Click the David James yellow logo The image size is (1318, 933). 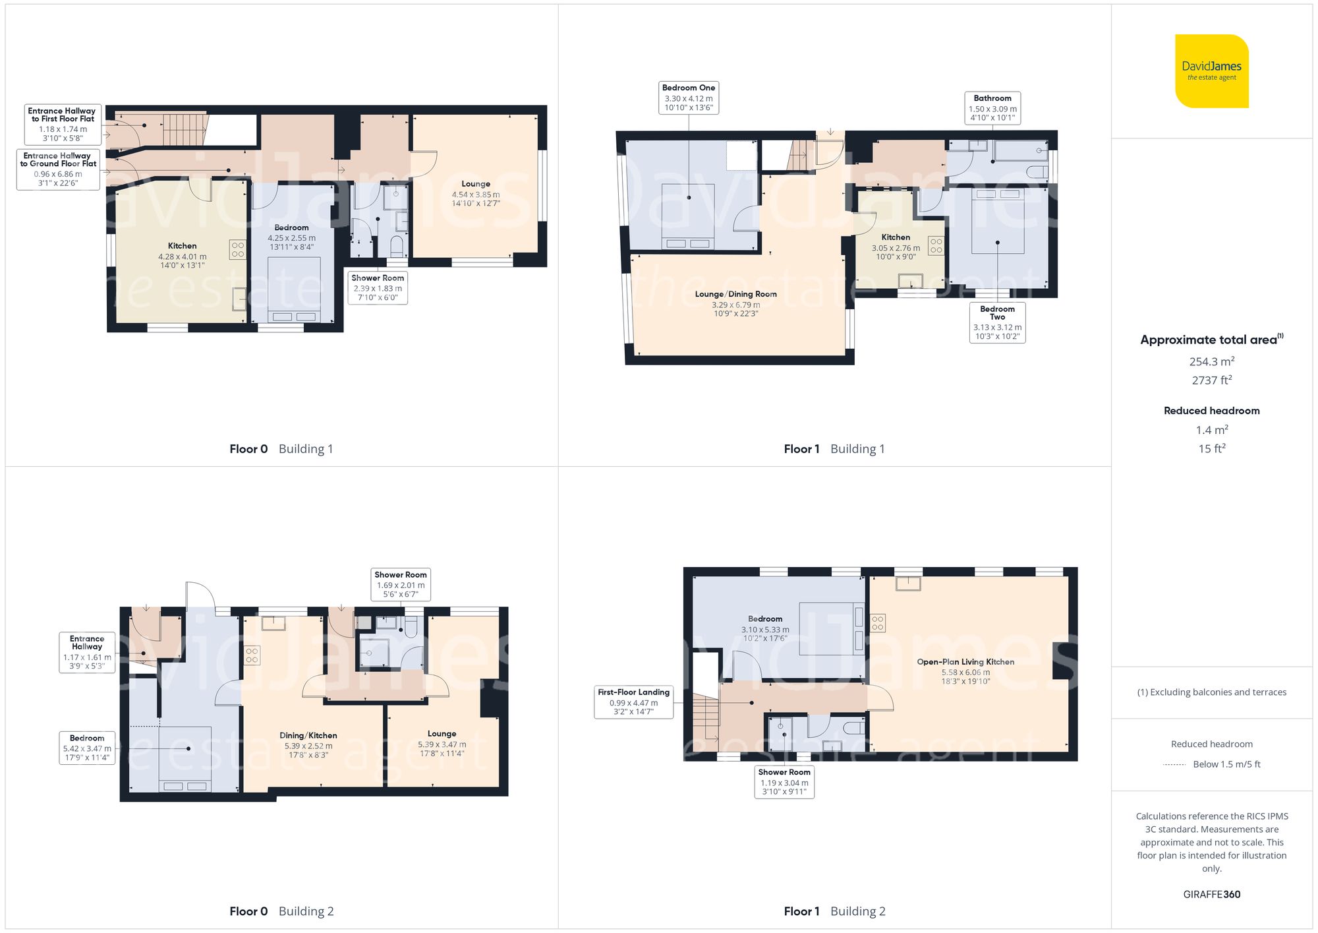[1211, 71]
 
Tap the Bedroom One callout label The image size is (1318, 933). [688, 98]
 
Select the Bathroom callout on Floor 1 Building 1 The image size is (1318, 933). [992, 108]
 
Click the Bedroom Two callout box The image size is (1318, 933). [997, 322]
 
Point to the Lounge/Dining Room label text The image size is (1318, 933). [735, 294]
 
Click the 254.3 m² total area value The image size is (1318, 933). [1211, 361]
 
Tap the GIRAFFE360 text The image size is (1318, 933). [1211, 894]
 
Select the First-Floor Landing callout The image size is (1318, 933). [633, 702]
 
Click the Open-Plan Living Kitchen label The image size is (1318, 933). [965, 661]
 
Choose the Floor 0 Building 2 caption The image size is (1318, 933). [281, 911]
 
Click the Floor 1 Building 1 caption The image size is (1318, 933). [834, 449]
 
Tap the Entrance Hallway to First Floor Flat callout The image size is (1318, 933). [62, 124]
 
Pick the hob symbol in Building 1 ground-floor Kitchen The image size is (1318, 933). [238, 249]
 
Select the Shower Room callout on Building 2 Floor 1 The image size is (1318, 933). [784, 781]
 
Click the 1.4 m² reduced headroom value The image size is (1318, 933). [1211, 430]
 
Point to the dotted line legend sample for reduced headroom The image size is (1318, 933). [1174, 765]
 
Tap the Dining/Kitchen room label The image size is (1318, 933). [308, 735]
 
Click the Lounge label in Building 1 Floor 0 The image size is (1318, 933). [475, 184]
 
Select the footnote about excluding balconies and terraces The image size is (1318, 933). [1211, 692]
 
